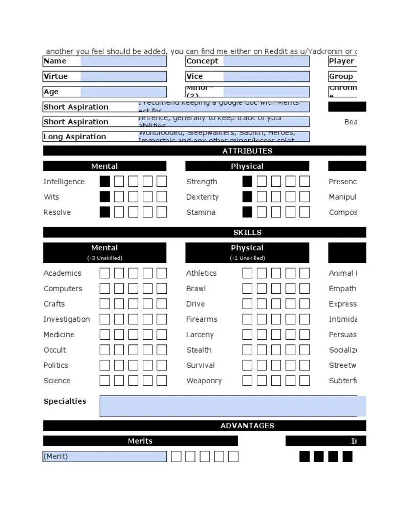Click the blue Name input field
pos(123,61)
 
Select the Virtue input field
pos(123,77)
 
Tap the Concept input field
pos(266,61)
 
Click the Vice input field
pos(266,77)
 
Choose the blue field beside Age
pos(123,92)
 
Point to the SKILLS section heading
pos(247,232)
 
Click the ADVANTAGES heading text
pos(247,426)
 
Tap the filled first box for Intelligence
pos(105,182)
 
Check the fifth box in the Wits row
pos(162,197)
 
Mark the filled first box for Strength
pos(247,182)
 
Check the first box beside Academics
pos(105,273)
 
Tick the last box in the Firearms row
pos(304,319)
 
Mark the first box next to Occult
pos(105,350)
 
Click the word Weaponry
pos(204,381)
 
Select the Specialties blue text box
pos(233,406)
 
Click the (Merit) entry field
pos(105,456)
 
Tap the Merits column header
pos(140,441)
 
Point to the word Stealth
pos(199,350)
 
